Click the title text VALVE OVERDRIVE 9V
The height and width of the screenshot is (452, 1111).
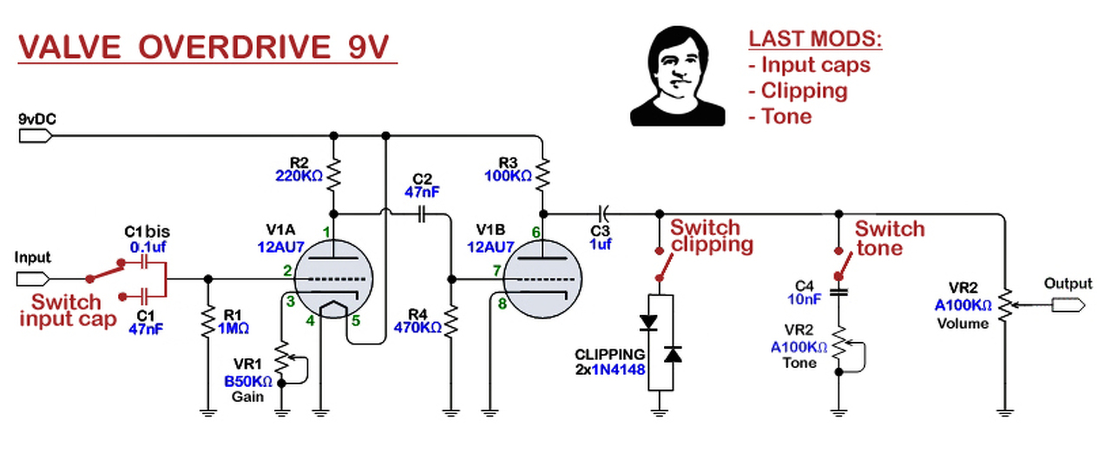pos(207,48)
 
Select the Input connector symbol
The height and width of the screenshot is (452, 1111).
pos(33,278)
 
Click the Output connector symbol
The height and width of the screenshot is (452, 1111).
pos(1068,305)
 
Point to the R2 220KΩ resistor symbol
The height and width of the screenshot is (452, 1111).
pos(333,178)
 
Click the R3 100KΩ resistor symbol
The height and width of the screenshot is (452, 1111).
pos(542,177)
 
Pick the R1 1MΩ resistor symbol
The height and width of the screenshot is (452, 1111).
pos(208,323)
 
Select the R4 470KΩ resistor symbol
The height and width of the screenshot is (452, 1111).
pos(451,322)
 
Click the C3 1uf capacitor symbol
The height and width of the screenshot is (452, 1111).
pos(604,212)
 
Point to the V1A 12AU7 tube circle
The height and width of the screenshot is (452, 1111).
pos(333,279)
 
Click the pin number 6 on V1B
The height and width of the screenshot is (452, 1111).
pos(536,233)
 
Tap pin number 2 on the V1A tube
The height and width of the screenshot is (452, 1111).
pos(286,272)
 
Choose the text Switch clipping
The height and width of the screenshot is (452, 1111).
pos(712,236)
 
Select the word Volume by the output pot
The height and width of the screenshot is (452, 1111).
pos(963,324)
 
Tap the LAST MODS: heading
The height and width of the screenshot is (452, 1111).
pos(815,39)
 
